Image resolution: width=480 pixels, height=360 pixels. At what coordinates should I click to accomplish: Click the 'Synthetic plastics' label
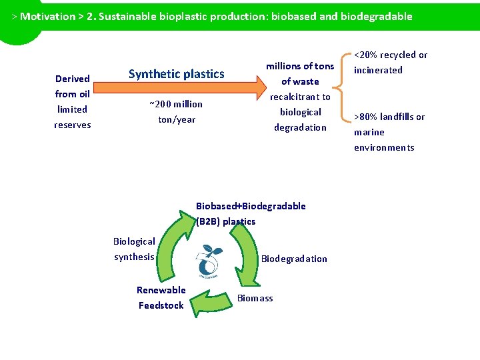pyautogui.click(x=176, y=74)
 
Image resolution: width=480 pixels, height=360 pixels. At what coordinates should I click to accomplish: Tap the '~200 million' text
pyautogui.click(x=176, y=104)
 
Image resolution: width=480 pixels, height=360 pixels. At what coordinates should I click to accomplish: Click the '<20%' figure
pyautogui.click(x=366, y=55)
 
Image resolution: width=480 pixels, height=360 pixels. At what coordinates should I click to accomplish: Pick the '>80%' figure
pyautogui.click(x=366, y=117)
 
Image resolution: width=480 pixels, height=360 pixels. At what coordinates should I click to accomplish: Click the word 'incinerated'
pyautogui.click(x=378, y=70)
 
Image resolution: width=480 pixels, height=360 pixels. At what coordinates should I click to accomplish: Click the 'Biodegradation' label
pyautogui.click(x=294, y=259)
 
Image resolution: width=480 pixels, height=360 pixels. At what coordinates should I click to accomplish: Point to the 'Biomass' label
pyautogui.click(x=255, y=298)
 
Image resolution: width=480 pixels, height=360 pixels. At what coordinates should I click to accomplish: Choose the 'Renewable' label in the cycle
pyautogui.click(x=161, y=290)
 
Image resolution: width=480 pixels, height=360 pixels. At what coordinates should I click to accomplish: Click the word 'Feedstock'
pyautogui.click(x=161, y=305)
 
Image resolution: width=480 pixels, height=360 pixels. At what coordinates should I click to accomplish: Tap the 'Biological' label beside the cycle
pyautogui.click(x=134, y=241)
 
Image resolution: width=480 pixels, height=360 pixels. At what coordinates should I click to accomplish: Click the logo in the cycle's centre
pyautogui.click(x=207, y=262)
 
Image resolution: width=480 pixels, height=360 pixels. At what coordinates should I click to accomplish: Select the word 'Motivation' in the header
pyautogui.click(x=47, y=16)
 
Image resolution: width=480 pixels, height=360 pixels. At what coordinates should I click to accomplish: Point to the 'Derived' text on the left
pyautogui.click(x=73, y=79)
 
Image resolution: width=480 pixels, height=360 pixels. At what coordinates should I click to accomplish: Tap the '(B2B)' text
pyautogui.click(x=208, y=221)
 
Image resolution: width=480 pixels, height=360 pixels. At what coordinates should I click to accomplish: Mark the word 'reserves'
pyautogui.click(x=73, y=125)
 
